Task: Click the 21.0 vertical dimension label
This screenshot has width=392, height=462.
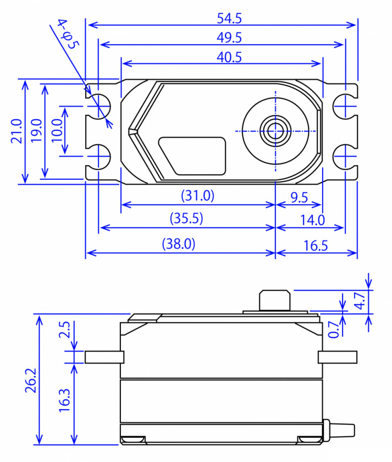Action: click(16, 131)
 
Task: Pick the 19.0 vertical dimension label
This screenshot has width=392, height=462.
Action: click(36, 131)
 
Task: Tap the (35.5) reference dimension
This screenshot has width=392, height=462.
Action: click(187, 219)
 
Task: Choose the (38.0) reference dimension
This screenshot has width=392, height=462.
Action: click(180, 244)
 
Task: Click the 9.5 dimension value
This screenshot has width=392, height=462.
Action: click(299, 197)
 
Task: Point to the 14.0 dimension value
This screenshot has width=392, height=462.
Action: click(312, 220)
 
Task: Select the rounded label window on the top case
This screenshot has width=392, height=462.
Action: click(192, 156)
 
